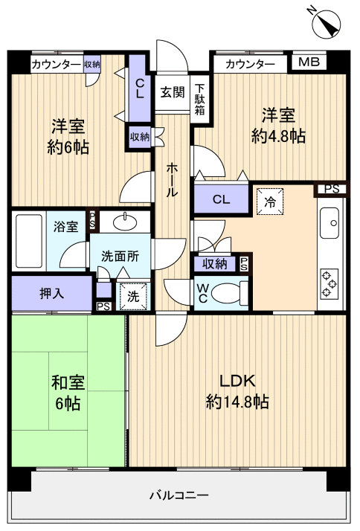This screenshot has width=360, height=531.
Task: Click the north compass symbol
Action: click(x=325, y=24)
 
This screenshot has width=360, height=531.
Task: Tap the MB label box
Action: click(x=308, y=62)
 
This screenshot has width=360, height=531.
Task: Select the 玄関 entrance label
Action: click(x=172, y=92)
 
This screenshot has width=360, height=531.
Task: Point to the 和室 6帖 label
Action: click(x=68, y=393)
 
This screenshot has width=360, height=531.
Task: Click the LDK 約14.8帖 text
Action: click(x=237, y=392)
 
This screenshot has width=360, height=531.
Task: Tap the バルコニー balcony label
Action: click(x=179, y=495)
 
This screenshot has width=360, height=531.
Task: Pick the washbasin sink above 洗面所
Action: click(x=124, y=222)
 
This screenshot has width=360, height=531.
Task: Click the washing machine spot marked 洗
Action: click(x=132, y=295)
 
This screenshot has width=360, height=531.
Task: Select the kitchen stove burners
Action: click(x=328, y=283)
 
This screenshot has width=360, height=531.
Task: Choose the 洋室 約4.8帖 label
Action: click(x=277, y=126)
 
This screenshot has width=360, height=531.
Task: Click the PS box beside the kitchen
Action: click(x=332, y=189)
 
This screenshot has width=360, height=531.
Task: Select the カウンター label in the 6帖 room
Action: click(x=57, y=65)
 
